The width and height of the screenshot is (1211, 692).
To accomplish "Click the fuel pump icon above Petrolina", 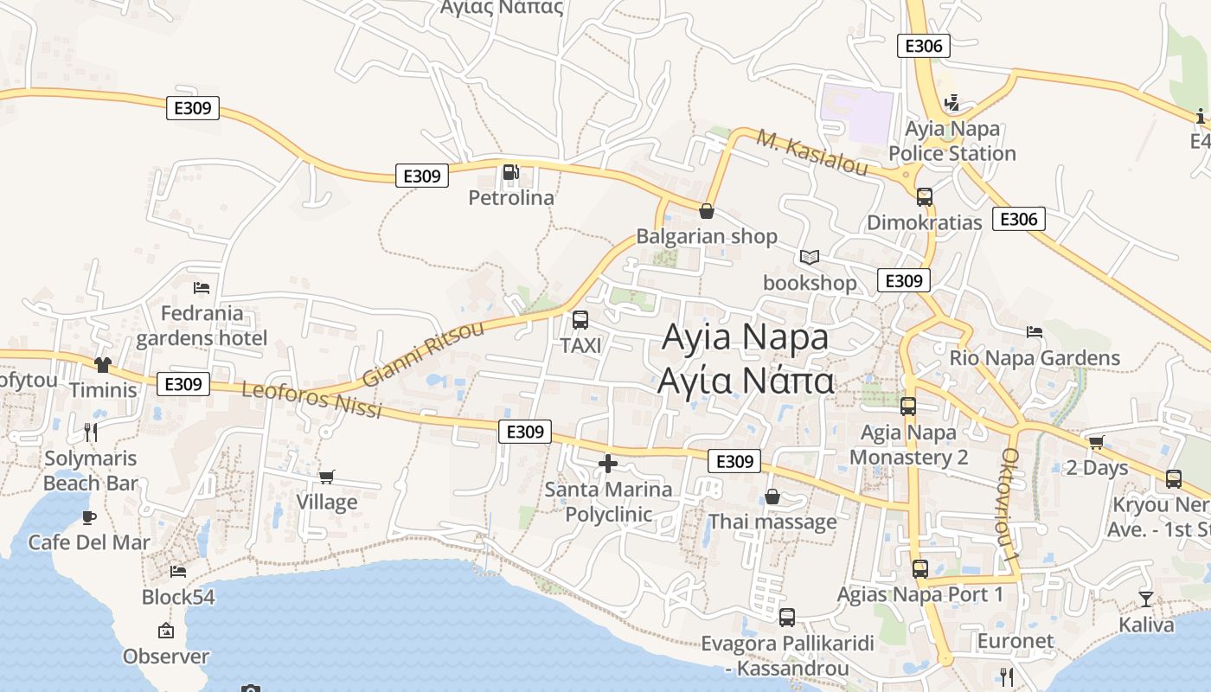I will tap(510, 173).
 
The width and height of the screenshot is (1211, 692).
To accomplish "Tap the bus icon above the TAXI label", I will tap(580, 320).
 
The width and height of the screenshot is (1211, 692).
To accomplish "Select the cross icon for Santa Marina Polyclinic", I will tap(608, 465).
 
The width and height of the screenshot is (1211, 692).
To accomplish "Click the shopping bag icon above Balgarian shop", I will tap(707, 211).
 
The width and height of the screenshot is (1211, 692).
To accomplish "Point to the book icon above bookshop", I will tap(810, 258).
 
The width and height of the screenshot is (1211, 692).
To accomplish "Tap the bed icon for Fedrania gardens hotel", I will tap(202, 288).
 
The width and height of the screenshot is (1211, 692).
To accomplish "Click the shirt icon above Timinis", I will tap(103, 365).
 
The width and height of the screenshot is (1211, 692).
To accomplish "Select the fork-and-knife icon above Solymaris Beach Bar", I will tap(90, 432).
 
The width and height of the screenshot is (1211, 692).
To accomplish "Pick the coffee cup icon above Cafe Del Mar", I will tap(88, 517).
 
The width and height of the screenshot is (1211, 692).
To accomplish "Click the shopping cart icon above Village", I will tap(327, 477).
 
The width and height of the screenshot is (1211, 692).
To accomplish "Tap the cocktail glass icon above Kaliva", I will tap(1146, 599).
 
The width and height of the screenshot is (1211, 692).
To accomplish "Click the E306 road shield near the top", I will tap(924, 46).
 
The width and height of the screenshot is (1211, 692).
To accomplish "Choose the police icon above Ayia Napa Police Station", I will tap(952, 104).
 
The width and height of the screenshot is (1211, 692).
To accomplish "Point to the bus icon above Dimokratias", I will tap(925, 197).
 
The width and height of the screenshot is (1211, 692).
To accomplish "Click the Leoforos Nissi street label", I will tap(311, 400).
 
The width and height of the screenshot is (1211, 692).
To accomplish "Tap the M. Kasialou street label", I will tap(812, 152).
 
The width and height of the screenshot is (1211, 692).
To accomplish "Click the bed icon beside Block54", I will tap(178, 571).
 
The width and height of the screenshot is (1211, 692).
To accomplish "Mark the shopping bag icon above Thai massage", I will tap(772, 497).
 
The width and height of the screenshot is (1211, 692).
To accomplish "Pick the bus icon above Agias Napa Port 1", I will tap(920, 569).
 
